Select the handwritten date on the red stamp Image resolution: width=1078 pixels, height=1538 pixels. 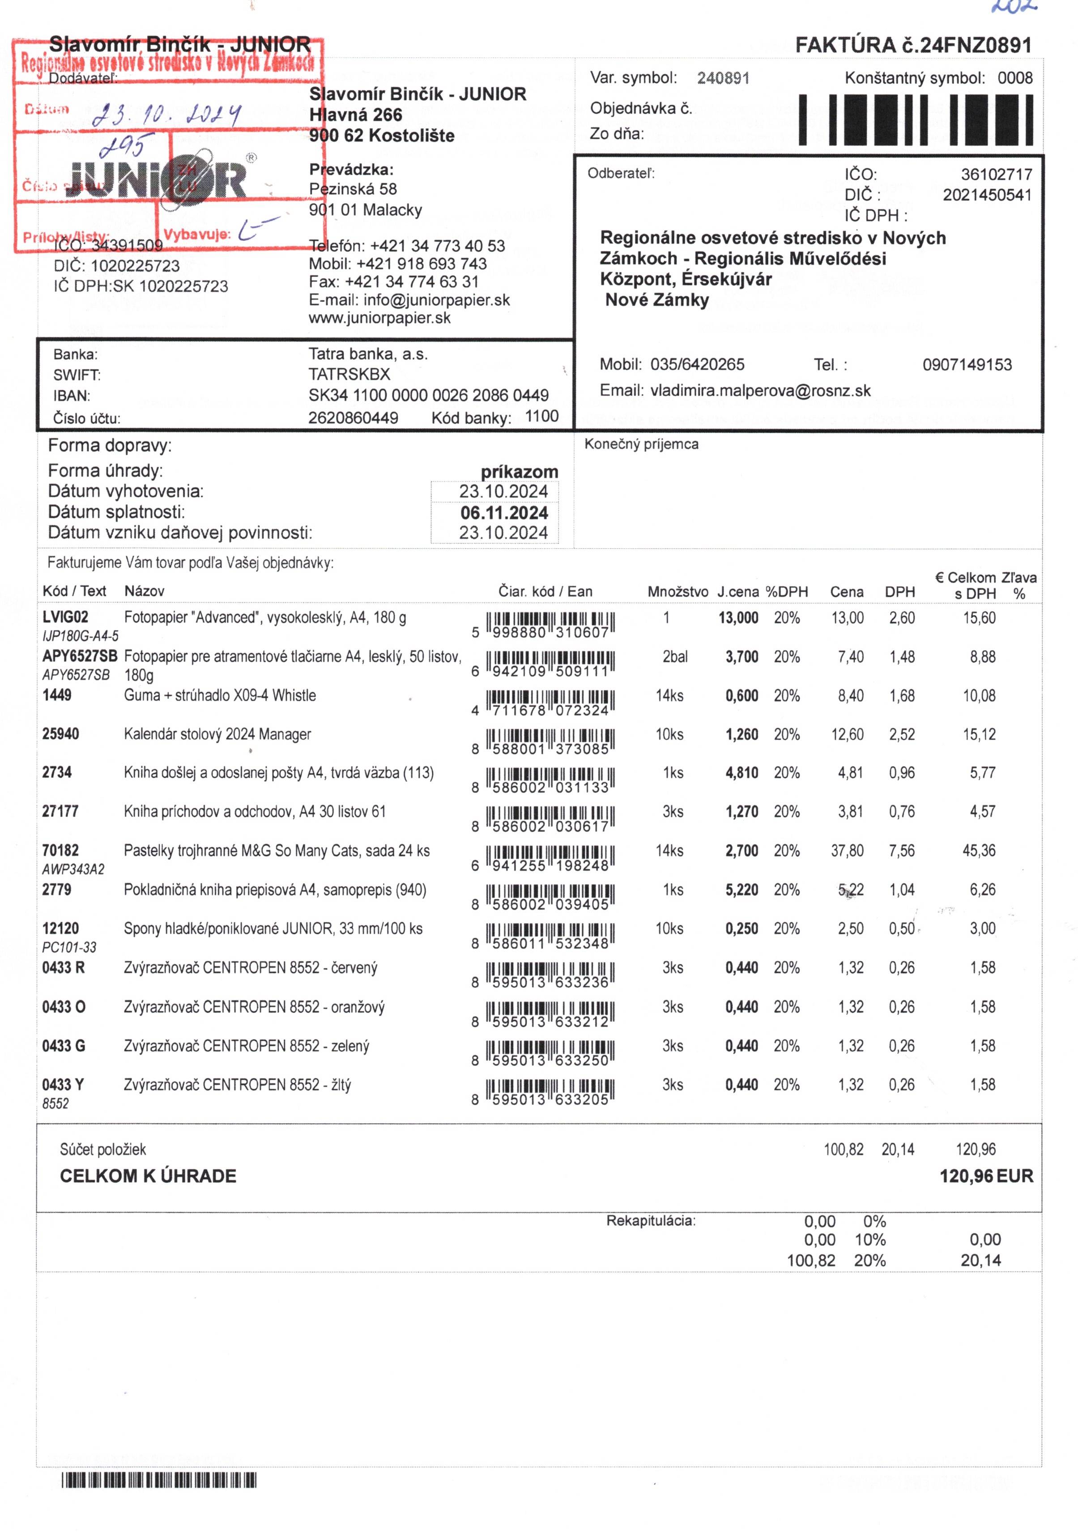[166, 115]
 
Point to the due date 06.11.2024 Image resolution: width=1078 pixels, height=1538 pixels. [504, 513]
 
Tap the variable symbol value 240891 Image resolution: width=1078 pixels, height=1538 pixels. [723, 78]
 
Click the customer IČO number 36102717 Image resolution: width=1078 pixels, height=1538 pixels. [996, 175]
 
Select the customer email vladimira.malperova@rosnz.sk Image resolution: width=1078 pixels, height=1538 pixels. [760, 391]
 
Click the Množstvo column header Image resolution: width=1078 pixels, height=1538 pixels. [677, 592]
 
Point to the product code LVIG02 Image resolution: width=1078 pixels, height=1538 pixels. [65, 618]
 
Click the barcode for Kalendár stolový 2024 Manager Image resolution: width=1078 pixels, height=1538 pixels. [550, 741]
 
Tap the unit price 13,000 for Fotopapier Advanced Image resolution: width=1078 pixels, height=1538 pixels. [738, 618]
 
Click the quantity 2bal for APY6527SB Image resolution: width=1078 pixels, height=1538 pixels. [675, 657]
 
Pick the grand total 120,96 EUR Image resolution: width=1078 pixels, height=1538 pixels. [985, 1176]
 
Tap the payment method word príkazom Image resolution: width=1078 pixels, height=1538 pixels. [519, 472]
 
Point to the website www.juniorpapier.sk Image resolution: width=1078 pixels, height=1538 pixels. [379, 318]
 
